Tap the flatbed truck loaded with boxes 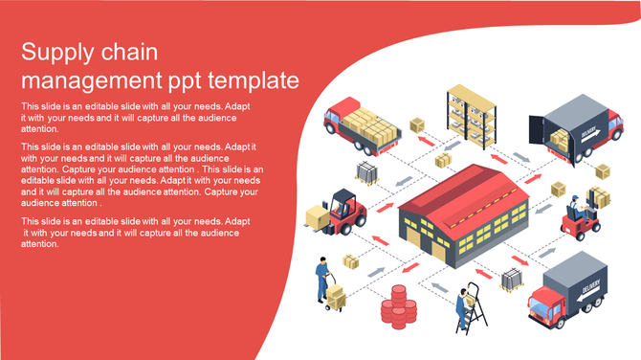tap(359, 125)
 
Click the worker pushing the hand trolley tap(322, 278)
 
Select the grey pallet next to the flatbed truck tap(368, 173)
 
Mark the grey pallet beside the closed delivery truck tap(512, 280)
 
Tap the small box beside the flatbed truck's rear tap(417, 125)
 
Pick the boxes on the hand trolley tap(336, 297)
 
